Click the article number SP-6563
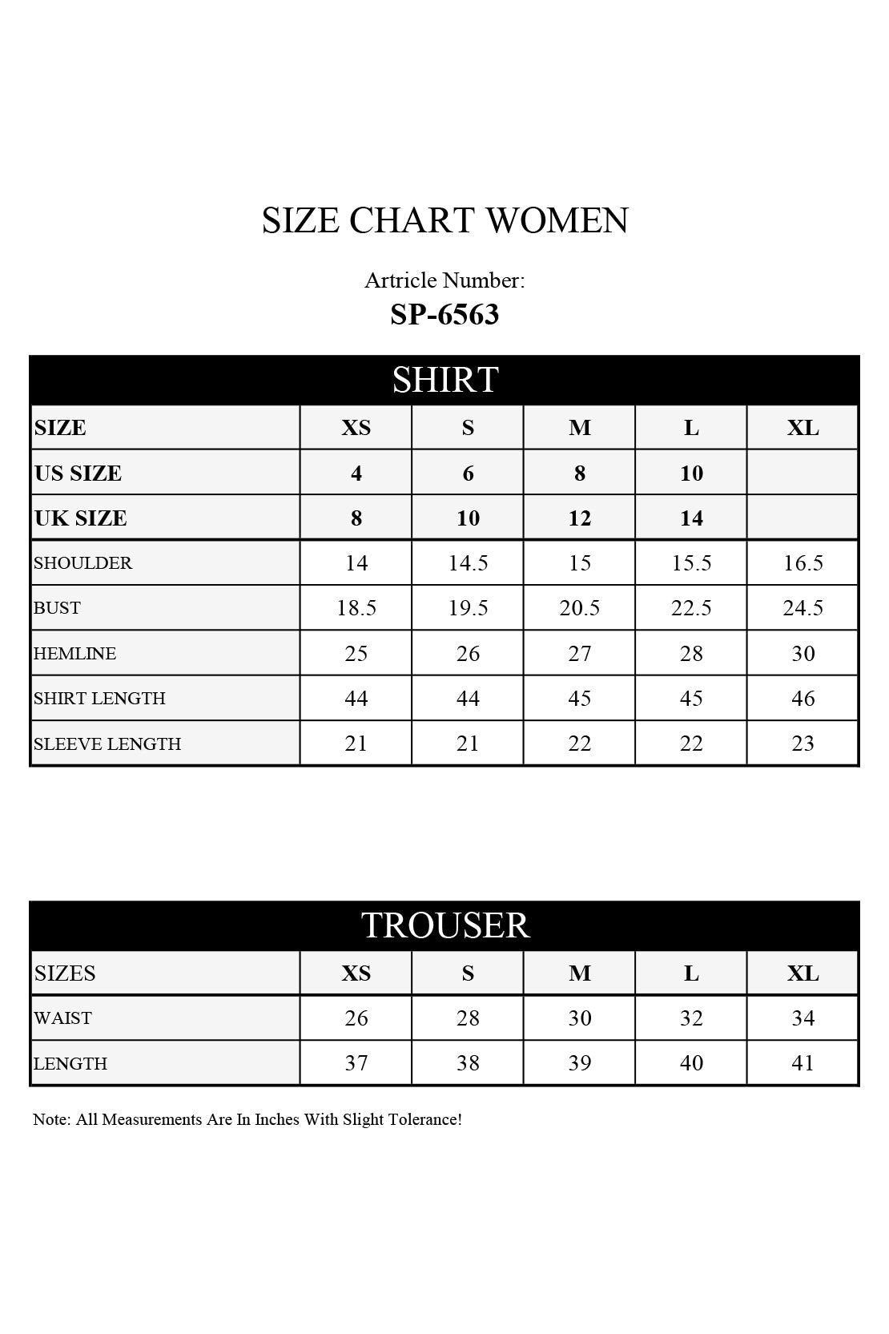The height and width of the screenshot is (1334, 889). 444,314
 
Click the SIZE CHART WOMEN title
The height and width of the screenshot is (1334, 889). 444,220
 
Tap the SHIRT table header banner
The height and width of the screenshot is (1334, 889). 444,379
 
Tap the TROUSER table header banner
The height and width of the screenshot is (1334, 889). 444,925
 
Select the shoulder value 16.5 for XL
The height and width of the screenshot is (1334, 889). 803,563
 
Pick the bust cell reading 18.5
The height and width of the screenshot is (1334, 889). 356,608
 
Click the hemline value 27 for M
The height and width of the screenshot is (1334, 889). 579,654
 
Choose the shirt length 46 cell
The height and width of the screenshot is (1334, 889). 803,699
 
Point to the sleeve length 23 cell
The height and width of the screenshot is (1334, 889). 803,744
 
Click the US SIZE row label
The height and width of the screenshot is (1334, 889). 78,474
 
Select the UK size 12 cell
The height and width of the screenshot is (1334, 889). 579,518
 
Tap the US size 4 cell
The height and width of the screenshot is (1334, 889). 356,474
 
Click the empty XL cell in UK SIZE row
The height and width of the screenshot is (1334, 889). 803,518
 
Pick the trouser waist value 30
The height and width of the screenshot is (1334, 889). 579,1018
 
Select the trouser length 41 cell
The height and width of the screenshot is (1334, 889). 803,1063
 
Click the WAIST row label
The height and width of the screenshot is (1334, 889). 62,1018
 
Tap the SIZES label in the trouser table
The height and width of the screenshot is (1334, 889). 65,973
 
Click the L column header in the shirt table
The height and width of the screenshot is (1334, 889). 691,428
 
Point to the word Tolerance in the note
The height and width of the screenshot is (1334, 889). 424,1119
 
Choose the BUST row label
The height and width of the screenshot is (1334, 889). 57,608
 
